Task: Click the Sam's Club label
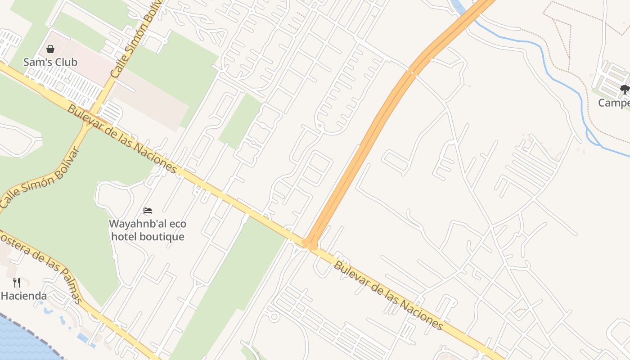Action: pos(50,62)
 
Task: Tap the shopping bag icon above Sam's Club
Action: pos(50,49)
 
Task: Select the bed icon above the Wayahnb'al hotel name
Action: pos(148,210)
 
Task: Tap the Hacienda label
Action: pos(24,296)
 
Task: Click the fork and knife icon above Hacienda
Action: pos(17,283)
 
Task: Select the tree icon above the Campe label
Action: pos(625,90)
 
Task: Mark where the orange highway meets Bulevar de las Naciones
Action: pos(310,244)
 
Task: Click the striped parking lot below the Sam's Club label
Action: pos(67,85)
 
